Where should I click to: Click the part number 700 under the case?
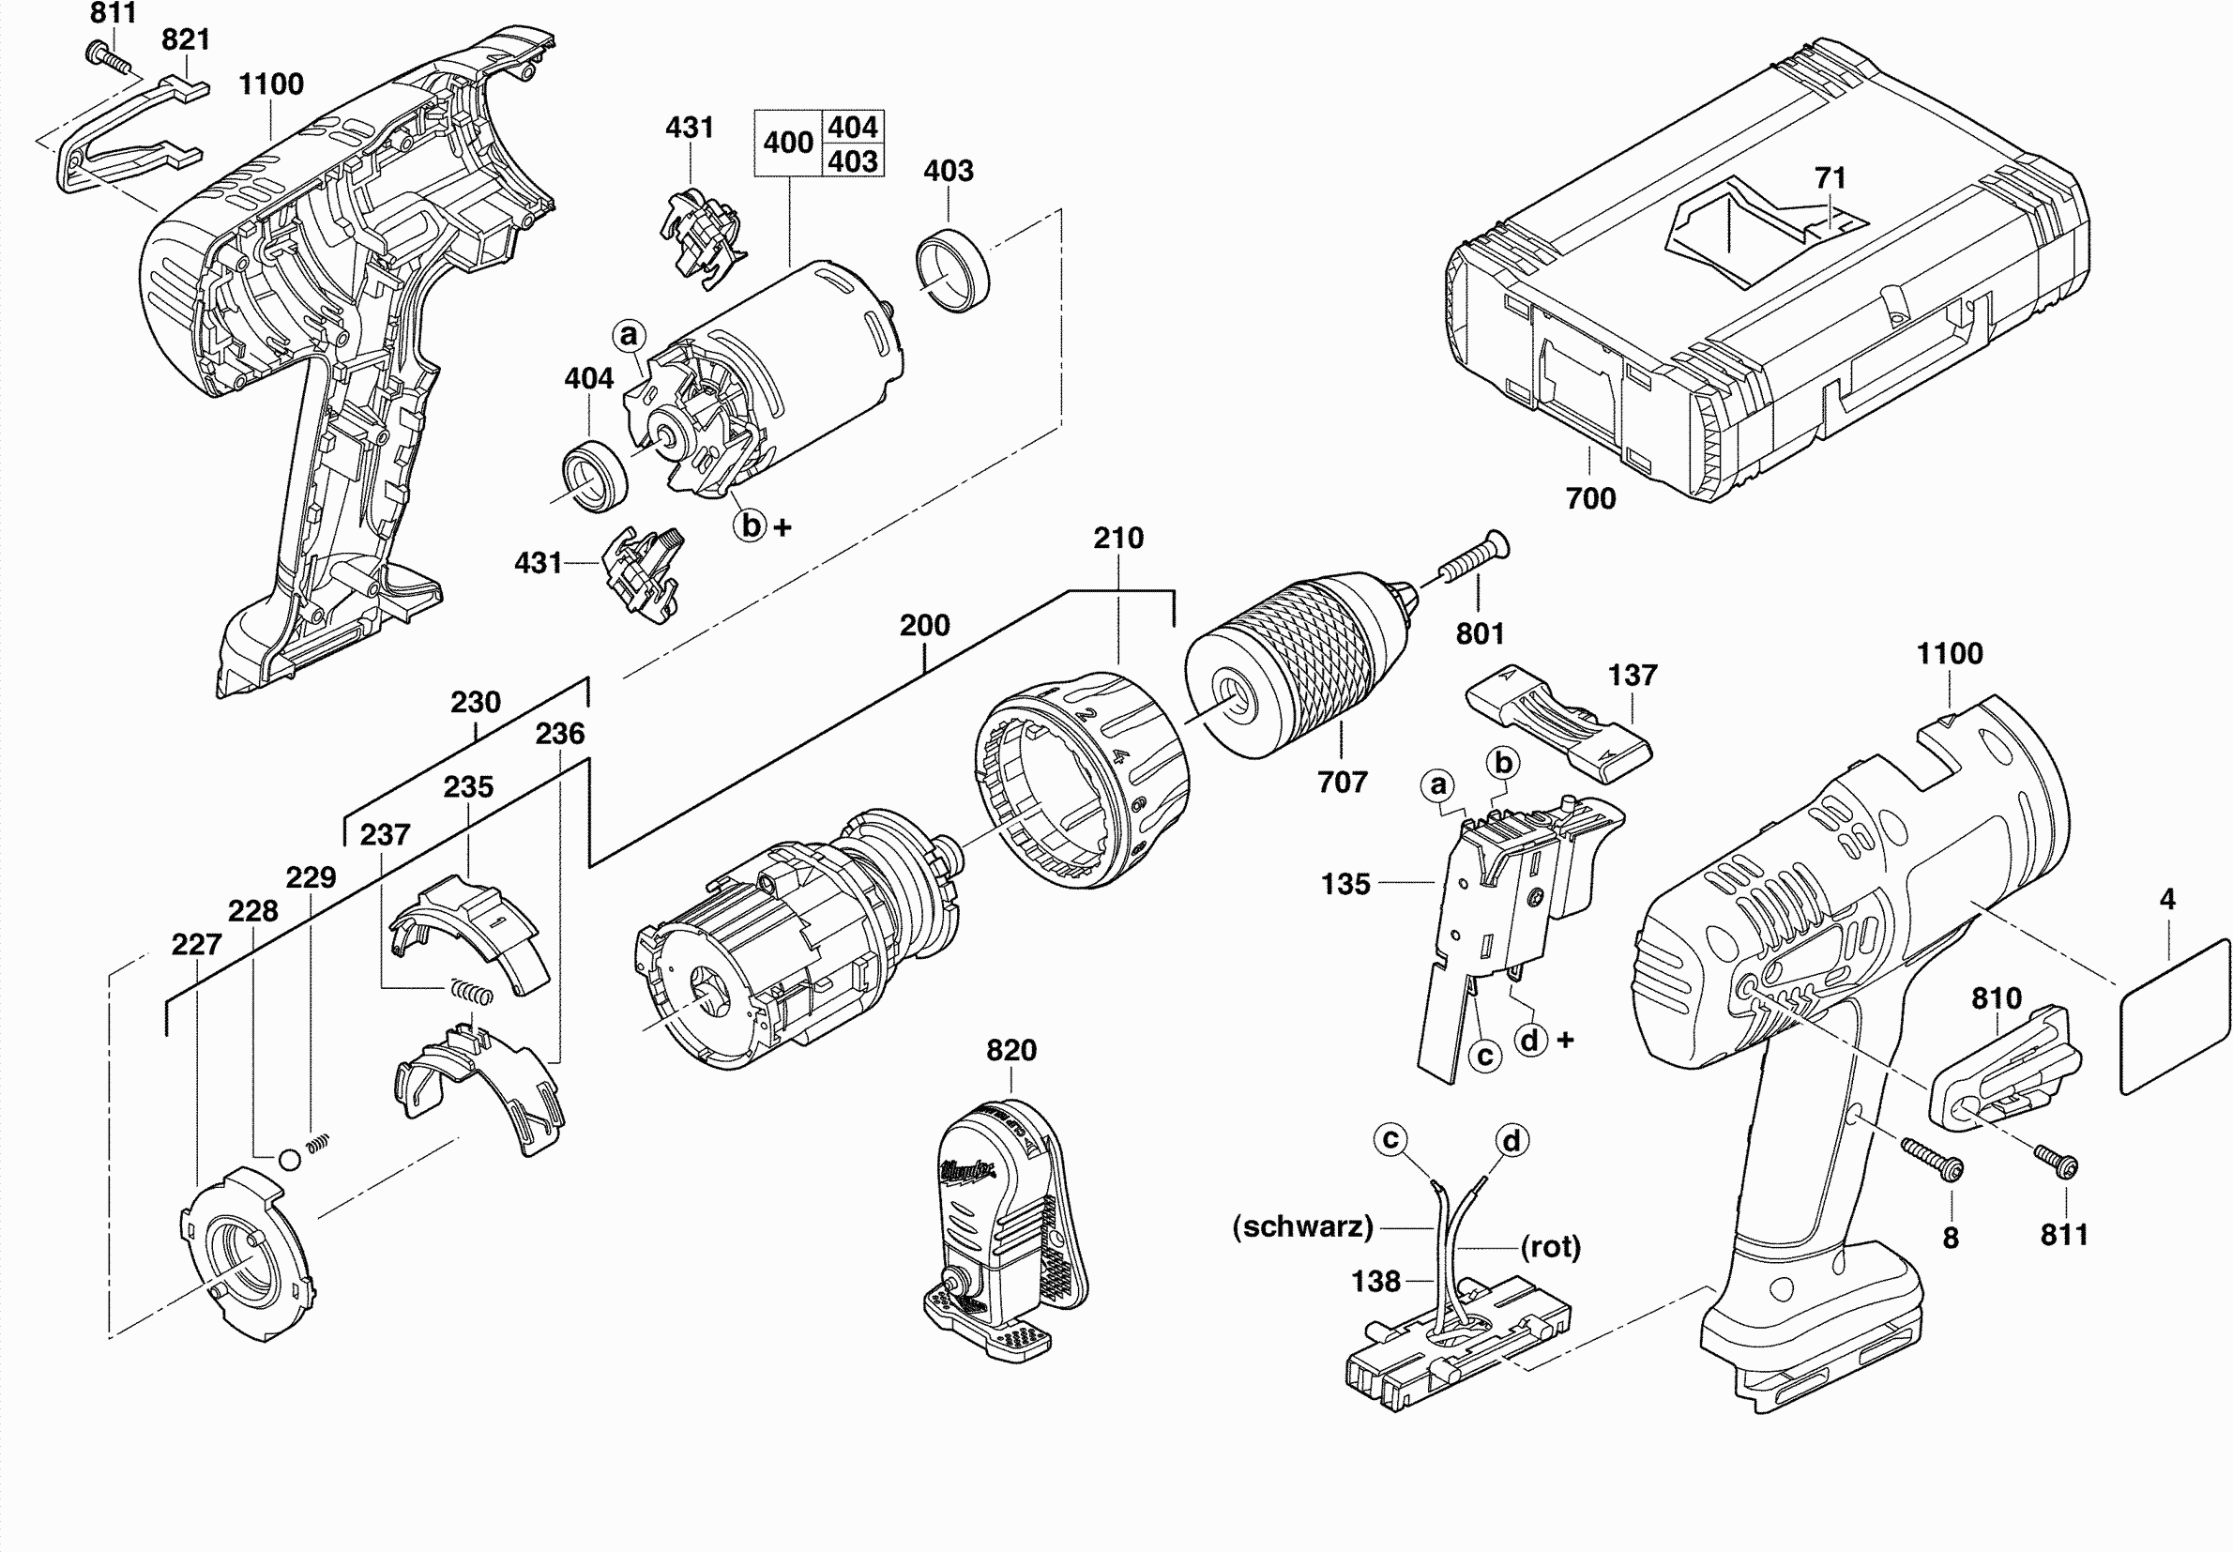click(1590, 498)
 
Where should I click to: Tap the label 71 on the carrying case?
click(1830, 178)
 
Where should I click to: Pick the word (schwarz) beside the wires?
click(1302, 1226)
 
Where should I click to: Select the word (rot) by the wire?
click(1551, 1246)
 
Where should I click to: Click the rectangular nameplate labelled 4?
click(2174, 1016)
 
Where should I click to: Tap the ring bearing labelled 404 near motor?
click(594, 475)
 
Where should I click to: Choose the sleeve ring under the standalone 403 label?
click(951, 269)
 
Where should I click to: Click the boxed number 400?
click(787, 143)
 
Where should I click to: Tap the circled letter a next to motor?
click(629, 336)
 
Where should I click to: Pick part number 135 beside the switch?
click(1345, 884)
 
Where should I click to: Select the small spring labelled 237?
click(473, 992)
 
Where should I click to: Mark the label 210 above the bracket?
click(1118, 538)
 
